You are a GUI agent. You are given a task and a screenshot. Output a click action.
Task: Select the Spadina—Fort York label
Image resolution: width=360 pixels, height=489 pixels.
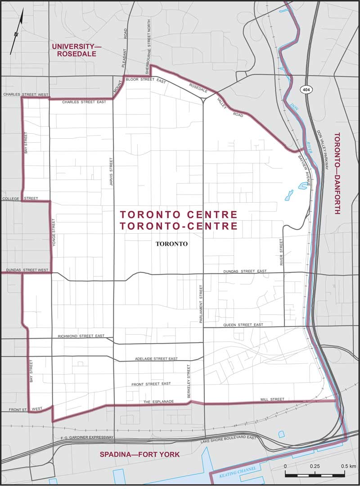click(139, 455)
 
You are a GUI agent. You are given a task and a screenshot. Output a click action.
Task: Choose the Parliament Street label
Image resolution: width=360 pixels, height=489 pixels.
click(201, 304)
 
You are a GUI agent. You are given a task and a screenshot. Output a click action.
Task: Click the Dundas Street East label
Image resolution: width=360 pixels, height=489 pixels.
click(245, 272)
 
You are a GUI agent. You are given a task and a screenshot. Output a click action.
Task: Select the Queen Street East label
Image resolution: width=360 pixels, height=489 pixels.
click(243, 325)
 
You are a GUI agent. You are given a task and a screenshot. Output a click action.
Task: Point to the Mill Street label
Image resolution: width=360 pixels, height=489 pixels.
click(272, 399)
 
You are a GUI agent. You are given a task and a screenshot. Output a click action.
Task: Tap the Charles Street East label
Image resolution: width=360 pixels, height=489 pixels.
click(84, 102)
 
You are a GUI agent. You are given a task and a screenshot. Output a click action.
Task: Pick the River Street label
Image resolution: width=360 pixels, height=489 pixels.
click(282, 252)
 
